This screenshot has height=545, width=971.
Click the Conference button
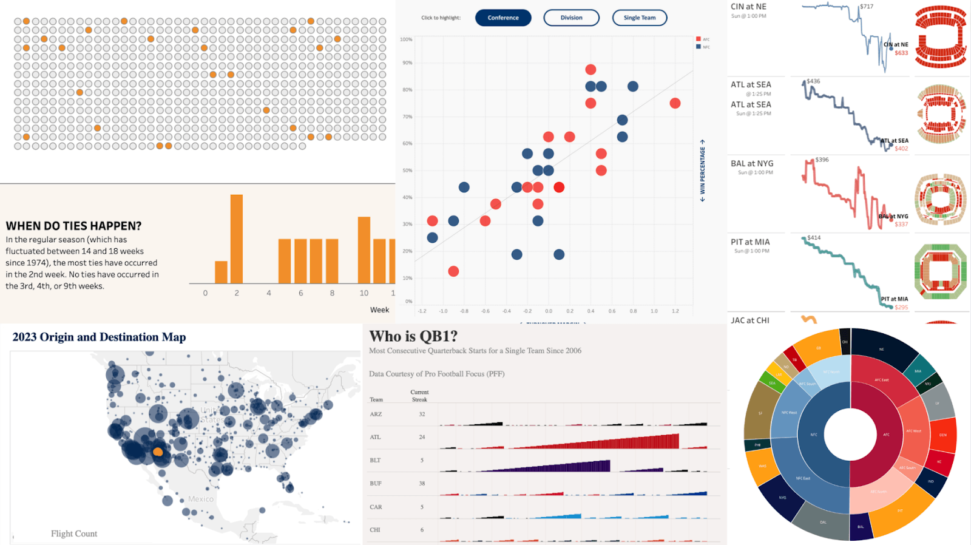503,18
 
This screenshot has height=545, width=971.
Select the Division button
571,18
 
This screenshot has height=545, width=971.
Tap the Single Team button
640,18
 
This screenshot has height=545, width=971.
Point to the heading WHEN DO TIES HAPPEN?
73,226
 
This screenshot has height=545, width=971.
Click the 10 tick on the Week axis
364,293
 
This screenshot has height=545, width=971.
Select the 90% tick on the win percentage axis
407,63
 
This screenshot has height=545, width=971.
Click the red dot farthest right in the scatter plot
675,103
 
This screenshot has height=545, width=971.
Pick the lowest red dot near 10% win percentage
453,271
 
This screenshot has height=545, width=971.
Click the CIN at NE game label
748,7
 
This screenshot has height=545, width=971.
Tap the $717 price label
867,7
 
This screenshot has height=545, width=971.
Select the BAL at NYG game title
752,163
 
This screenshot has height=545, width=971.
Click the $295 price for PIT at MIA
901,307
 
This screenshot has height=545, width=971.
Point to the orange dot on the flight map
158,452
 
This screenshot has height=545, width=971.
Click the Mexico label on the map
201,499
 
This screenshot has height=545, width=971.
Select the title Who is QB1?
413,336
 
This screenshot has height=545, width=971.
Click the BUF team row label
376,484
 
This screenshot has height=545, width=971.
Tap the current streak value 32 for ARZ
422,414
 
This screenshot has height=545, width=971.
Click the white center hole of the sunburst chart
850,435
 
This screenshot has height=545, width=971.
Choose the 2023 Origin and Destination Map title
99,337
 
